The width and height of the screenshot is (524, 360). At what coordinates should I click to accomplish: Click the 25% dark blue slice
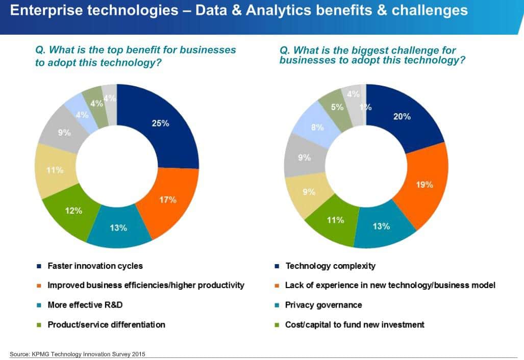(160, 123)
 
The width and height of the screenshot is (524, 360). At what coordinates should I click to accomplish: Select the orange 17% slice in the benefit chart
(167, 200)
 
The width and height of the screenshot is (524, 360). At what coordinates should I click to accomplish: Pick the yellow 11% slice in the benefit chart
(55, 170)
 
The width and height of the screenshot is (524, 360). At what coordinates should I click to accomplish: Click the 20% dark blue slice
(402, 117)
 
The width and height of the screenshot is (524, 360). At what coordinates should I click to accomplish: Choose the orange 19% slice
(424, 185)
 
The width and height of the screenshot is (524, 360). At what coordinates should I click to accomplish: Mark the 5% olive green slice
(337, 108)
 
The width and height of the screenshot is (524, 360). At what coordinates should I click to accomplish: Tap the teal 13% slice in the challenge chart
(381, 226)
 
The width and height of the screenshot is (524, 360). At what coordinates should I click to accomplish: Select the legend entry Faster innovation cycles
(95, 266)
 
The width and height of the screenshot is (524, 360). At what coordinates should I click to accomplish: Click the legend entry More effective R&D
(85, 305)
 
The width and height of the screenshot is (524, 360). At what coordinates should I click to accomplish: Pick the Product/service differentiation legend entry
(106, 324)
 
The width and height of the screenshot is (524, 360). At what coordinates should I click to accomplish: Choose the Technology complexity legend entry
(330, 266)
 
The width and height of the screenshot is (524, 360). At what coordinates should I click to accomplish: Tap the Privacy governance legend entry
(323, 305)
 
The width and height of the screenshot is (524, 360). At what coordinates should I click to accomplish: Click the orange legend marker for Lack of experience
(276, 286)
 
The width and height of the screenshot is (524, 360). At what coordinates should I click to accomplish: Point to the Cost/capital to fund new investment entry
(355, 324)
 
